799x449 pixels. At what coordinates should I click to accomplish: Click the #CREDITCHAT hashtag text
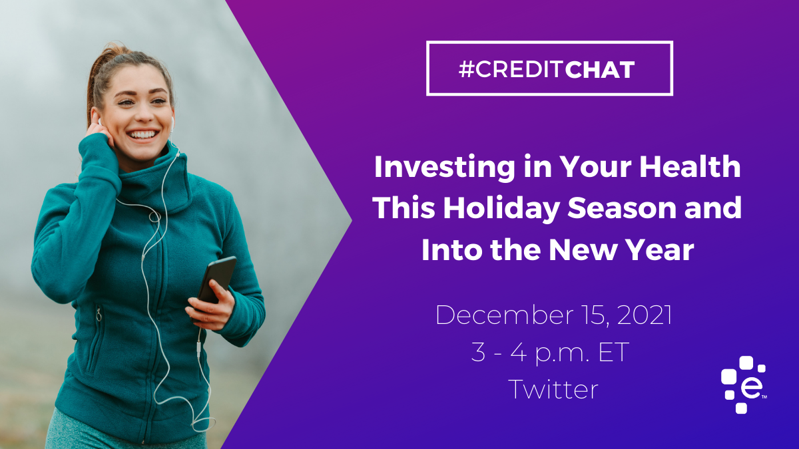pyautogui.click(x=547, y=69)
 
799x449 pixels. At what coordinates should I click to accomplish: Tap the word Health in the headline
pyautogui.click(x=690, y=166)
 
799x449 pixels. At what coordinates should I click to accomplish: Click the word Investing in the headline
pyautogui.click(x=445, y=168)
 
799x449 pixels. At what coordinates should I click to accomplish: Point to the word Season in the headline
pyautogui.click(x=621, y=208)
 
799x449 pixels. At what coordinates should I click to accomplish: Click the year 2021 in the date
pyautogui.click(x=645, y=315)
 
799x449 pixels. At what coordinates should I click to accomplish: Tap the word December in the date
pyautogui.click(x=504, y=315)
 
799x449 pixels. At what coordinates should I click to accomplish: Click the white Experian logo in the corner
pyautogui.click(x=744, y=384)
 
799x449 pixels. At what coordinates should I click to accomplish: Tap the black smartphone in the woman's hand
pyautogui.click(x=216, y=282)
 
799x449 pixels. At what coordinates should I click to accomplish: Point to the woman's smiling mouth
pyautogui.click(x=142, y=135)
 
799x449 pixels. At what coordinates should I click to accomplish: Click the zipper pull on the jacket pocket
pyautogui.click(x=99, y=315)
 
